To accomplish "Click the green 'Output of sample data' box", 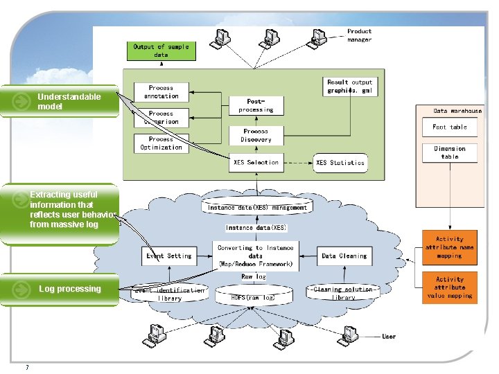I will tap(161, 51).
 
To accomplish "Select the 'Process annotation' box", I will tap(161, 92).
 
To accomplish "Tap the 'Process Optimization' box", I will tap(161, 143).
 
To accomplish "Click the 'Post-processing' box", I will tap(256, 105).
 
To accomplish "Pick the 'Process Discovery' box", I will tap(256, 135).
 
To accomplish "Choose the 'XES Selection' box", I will tap(256, 163).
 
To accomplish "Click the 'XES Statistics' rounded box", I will tap(340, 163).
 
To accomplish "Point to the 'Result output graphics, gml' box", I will tap(350, 86).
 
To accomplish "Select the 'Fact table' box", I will tap(450, 127).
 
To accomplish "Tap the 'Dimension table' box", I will tap(450, 152).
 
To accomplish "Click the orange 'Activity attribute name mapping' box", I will tap(449, 247).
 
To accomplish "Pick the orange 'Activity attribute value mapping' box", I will tap(449, 287).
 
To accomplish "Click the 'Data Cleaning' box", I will tap(344, 256).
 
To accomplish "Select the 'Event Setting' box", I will tap(168, 256).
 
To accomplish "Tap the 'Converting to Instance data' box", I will tap(256, 256).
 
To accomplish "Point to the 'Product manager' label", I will tap(360, 35).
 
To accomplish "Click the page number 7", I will tap(27, 366).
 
